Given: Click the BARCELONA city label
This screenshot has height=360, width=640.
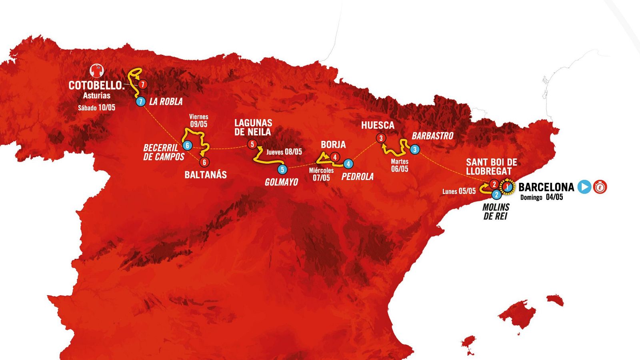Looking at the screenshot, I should click(x=546, y=187).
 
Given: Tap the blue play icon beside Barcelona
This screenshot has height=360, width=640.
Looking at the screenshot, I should click(x=584, y=187).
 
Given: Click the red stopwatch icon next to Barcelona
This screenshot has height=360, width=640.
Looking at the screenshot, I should click(x=600, y=187).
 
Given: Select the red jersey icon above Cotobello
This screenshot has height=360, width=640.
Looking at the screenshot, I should click(x=96, y=71).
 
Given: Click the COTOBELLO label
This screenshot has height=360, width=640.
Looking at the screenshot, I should click(x=96, y=85).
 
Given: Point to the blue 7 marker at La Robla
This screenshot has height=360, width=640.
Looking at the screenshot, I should click(x=140, y=102).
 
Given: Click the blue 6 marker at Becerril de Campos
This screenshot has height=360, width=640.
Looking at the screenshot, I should click(x=187, y=146).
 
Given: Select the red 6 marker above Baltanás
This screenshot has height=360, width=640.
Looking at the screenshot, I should click(x=204, y=162).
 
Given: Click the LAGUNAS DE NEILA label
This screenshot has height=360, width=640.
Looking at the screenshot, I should click(x=253, y=127).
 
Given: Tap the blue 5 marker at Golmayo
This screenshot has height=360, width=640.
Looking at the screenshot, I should click(x=282, y=170).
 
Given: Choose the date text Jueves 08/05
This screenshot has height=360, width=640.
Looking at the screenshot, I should click(x=284, y=152).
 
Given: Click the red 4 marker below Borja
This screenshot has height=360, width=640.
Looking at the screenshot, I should click(x=335, y=157).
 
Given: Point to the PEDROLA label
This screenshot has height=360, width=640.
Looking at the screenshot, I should click(x=358, y=176).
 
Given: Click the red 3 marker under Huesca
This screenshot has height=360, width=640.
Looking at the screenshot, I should click(x=381, y=138).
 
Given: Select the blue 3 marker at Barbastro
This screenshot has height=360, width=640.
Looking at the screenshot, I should click(x=415, y=150).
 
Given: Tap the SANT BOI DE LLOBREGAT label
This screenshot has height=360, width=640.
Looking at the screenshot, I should click(x=491, y=166).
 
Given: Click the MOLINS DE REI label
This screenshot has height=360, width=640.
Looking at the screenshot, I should click(x=496, y=212).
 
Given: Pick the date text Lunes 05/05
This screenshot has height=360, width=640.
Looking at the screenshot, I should click(x=459, y=191).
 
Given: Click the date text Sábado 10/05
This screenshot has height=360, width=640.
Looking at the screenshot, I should click(x=96, y=107).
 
